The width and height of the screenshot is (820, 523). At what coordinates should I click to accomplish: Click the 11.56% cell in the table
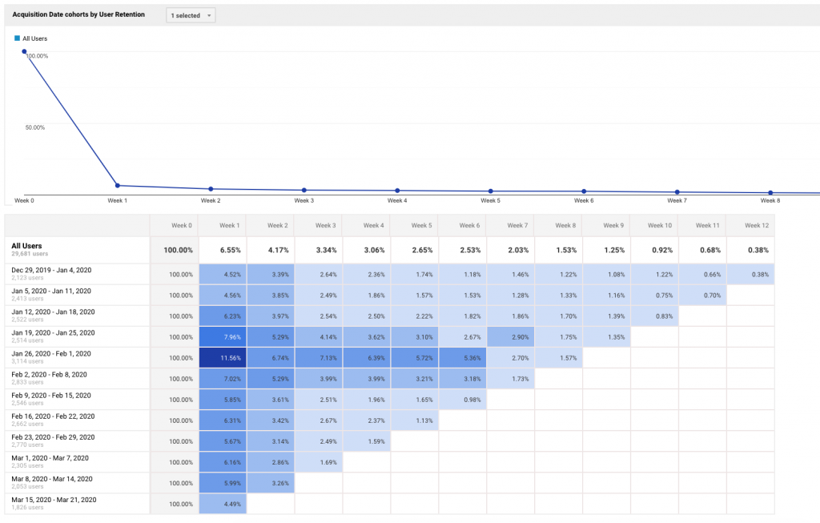[x=222, y=358]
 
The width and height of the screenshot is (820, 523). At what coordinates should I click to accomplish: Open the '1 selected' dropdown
[x=191, y=15]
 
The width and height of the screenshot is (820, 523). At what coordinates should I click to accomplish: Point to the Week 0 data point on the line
[x=25, y=51]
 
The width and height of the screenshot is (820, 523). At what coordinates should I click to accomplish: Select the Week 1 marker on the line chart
[x=117, y=186]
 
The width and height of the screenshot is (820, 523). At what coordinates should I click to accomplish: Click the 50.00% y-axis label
[x=34, y=127]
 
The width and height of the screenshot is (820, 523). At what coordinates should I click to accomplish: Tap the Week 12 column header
[x=750, y=226]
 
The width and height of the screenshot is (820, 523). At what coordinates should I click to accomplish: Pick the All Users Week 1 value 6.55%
[x=222, y=250]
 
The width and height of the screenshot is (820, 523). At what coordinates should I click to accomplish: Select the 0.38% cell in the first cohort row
[x=750, y=275]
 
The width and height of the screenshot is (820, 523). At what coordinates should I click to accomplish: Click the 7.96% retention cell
[x=222, y=337]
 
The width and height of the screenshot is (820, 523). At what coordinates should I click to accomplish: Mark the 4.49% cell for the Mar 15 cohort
[x=222, y=504]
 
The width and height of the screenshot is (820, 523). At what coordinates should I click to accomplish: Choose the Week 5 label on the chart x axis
[x=491, y=201]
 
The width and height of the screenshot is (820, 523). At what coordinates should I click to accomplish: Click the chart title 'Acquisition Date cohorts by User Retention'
[x=78, y=15]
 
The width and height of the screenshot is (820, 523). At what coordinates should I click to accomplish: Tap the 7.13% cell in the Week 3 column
[x=318, y=358]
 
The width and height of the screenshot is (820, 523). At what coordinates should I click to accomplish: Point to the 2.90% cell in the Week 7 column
[x=510, y=337]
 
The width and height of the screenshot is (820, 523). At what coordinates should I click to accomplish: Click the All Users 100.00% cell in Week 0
[x=174, y=250]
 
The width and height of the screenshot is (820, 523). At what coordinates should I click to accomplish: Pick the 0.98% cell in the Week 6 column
[x=462, y=400]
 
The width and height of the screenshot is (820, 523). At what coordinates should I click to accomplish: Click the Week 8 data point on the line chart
[x=770, y=193]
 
